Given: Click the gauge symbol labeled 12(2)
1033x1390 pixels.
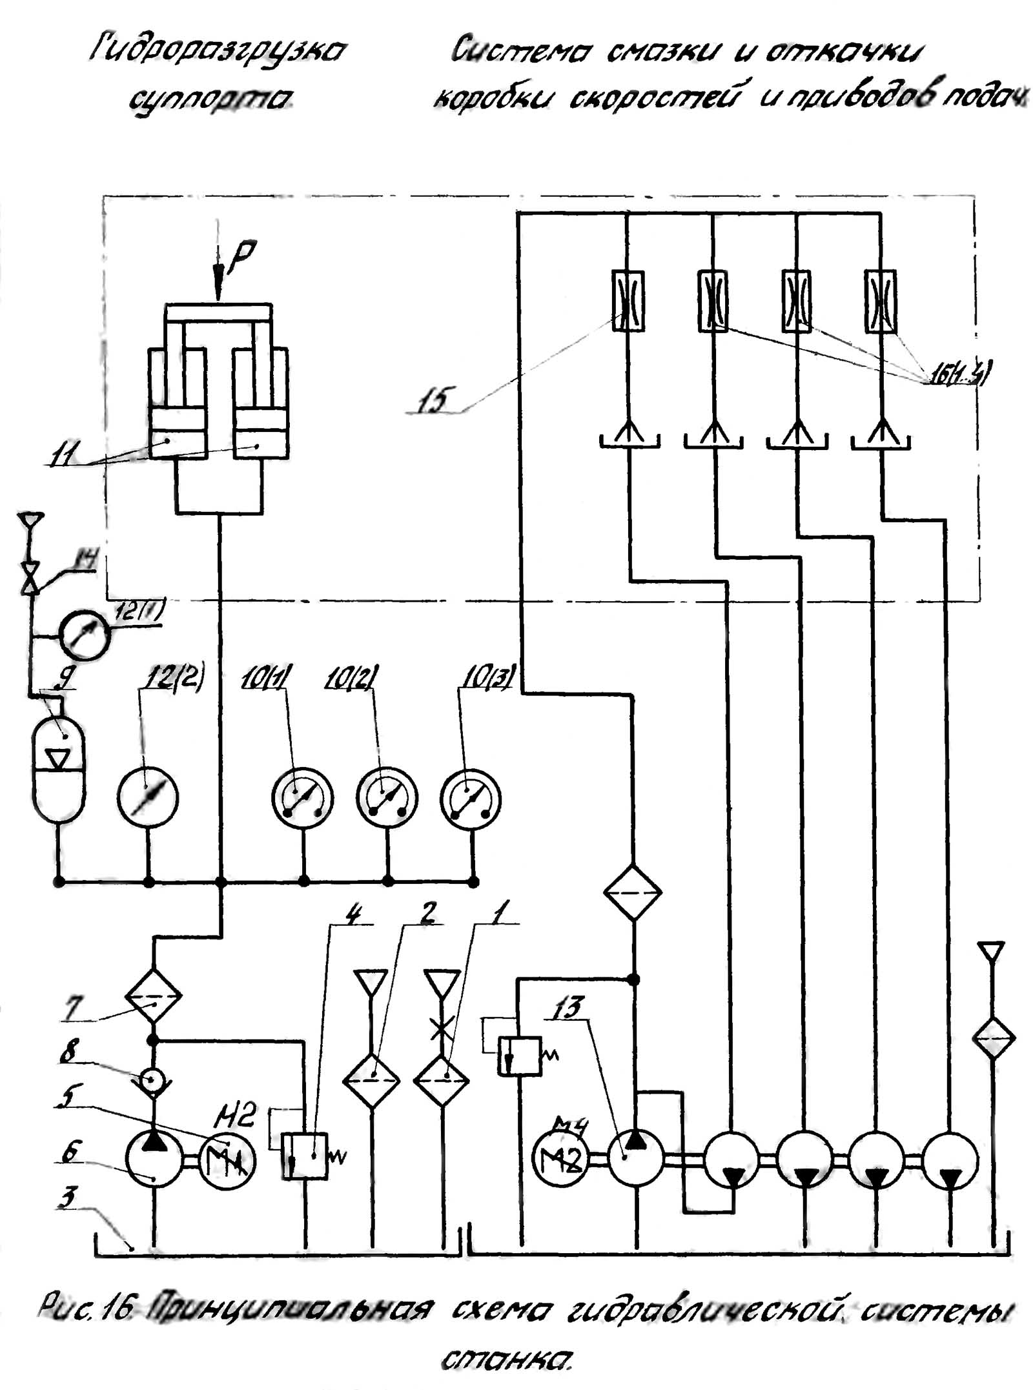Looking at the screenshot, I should coord(148,797).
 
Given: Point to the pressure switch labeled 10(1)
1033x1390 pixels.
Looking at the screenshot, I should coord(302,798).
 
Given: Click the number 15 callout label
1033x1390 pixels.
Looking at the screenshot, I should coord(432,400).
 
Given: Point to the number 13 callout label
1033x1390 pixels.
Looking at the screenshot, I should coord(568,1008).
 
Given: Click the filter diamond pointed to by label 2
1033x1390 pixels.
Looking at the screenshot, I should coord(371,1080).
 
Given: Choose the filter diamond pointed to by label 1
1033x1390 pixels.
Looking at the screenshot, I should coord(442,1080).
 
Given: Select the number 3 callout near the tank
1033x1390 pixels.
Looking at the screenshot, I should coord(66,1196).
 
